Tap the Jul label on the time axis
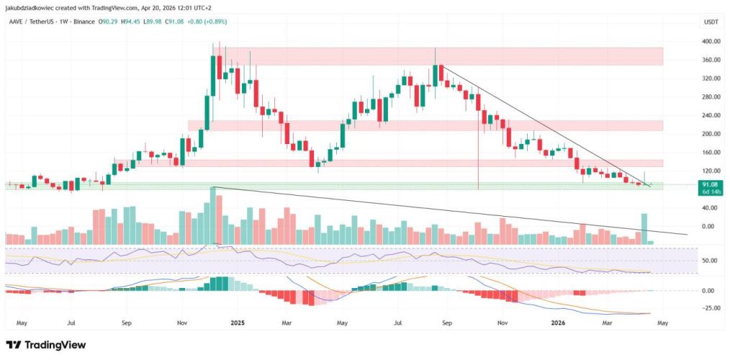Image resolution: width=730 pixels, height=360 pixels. coord(71,323)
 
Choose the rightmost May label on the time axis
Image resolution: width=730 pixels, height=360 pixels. coord(663,323)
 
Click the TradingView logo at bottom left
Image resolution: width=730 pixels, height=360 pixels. coord(46,345)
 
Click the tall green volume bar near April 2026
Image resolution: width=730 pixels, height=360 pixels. coord(644,228)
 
